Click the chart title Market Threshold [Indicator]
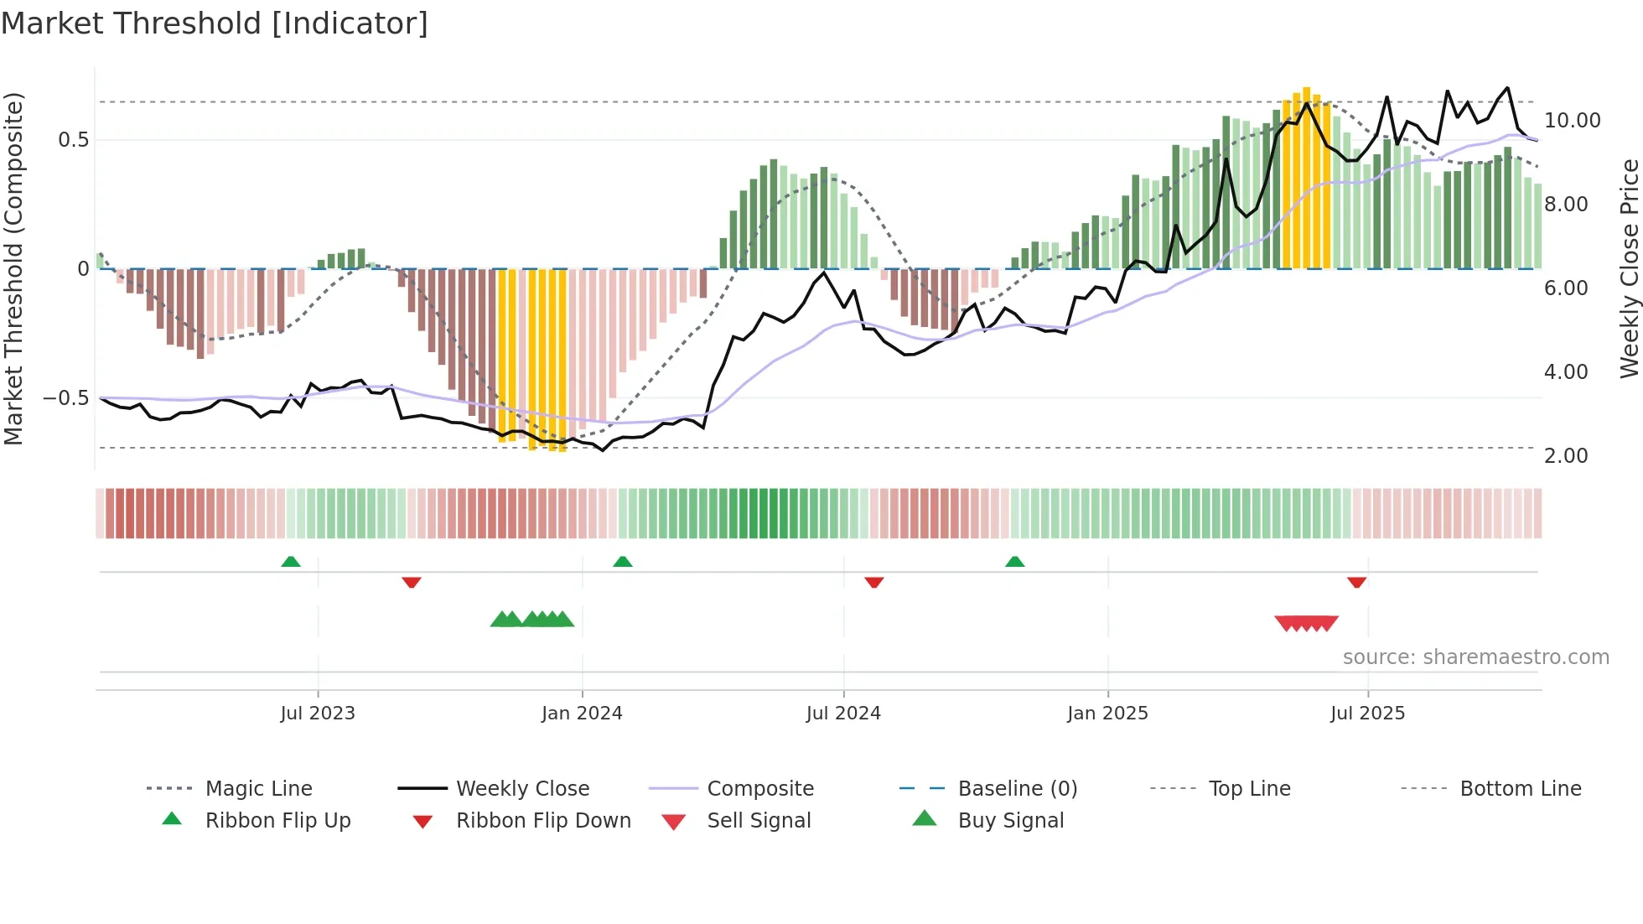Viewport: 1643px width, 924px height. click(x=215, y=23)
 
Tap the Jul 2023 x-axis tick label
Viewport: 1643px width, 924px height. click(x=318, y=714)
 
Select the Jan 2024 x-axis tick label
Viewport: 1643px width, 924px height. click(x=582, y=714)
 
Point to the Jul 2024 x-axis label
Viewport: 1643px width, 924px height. click(x=843, y=714)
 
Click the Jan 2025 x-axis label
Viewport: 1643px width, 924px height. click(x=1107, y=714)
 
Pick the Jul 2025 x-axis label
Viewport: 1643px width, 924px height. click(x=1367, y=714)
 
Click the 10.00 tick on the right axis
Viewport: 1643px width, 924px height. click(x=1572, y=121)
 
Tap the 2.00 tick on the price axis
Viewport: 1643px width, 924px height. click(x=1566, y=456)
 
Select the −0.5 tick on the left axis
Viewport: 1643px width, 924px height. click(x=66, y=398)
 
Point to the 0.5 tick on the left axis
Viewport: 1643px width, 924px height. click(x=74, y=140)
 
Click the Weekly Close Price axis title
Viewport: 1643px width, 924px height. click(x=1629, y=268)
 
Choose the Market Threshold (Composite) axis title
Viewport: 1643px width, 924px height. click(x=13, y=268)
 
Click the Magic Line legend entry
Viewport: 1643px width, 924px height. click(x=258, y=789)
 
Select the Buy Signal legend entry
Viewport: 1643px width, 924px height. click(x=1010, y=821)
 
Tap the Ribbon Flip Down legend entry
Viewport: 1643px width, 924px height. click(x=542, y=821)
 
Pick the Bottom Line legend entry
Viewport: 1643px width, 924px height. click(x=1520, y=789)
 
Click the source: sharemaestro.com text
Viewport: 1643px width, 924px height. click(x=1475, y=657)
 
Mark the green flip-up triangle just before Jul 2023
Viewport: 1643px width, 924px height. click(x=291, y=562)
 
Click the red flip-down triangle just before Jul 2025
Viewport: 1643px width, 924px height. click(x=1356, y=582)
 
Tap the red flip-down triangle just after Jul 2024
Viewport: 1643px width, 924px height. click(x=873, y=582)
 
